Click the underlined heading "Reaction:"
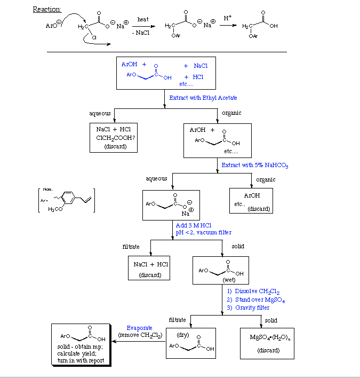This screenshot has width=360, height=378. click(x=47, y=9)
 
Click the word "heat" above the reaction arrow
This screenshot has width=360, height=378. click(x=143, y=19)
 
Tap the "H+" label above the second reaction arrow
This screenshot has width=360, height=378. click(x=228, y=18)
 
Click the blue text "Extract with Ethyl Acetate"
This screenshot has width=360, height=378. click(x=203, y=98)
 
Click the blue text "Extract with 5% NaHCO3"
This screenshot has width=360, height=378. click(x=255, y=166)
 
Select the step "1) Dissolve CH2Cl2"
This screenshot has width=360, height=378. click(x=253, y=292)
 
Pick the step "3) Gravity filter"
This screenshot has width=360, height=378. click(x=248, y=308)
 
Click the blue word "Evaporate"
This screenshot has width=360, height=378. click(x=139, y=328)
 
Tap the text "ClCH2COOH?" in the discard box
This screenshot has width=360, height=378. click(x=114, y=138)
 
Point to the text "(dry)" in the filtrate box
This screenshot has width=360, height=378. click(x=183, y=335)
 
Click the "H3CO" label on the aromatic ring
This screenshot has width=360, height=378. click(x=55, y=209)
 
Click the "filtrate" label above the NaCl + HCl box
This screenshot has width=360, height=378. click(x=131, y=247)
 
